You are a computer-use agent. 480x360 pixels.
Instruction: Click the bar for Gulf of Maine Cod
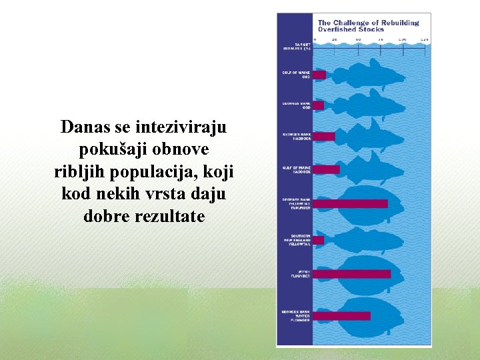319,75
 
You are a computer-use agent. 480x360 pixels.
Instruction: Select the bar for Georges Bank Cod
319,105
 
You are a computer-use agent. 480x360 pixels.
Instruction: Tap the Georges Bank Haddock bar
324,136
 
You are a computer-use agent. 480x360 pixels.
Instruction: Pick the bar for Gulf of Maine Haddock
326,169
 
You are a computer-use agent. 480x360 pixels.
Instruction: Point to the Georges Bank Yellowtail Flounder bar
350,203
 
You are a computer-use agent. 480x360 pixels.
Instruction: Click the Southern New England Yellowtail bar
319,240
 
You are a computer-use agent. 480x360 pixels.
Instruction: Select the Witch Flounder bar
351,273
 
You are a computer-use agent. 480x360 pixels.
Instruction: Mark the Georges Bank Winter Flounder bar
341,315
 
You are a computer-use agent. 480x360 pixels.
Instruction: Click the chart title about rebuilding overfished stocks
367,26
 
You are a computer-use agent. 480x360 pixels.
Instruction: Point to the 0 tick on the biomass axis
315,39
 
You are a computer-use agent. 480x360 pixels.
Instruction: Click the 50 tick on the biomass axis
358,39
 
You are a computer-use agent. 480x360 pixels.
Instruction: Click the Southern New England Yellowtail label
297,240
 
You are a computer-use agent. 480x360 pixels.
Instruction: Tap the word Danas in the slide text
82,126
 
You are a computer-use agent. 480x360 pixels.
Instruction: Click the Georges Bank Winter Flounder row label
296,315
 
